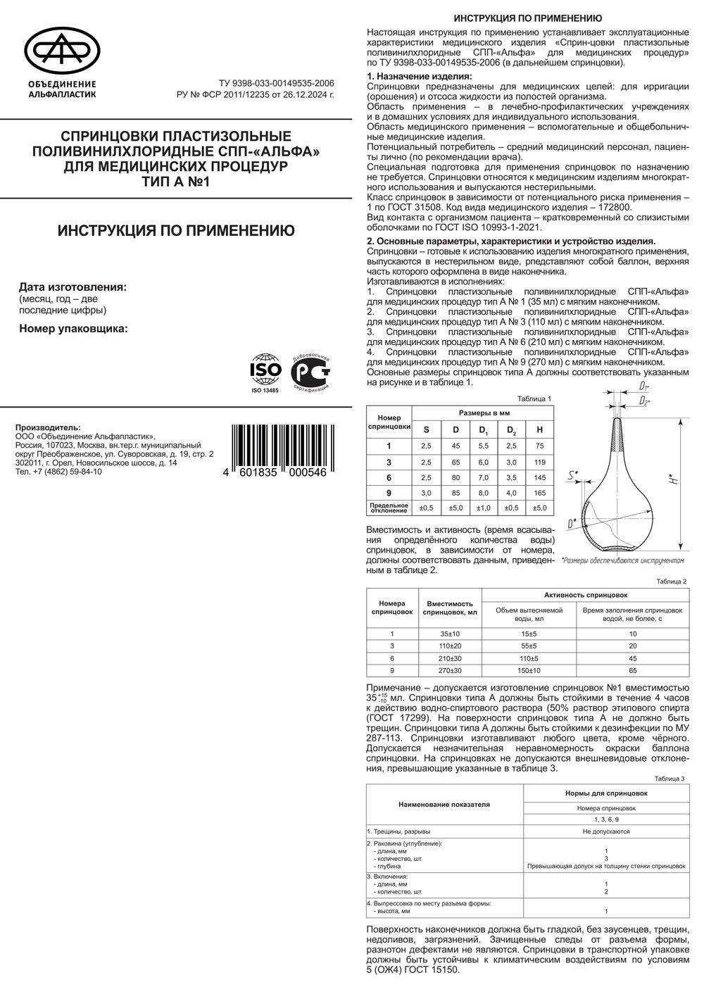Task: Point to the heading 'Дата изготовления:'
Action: click(x=73, y=287)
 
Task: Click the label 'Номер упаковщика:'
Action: click(x=73, y=327)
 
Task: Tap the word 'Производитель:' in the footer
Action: click(x=48, y=427)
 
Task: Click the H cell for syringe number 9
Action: click(x=540, y=493)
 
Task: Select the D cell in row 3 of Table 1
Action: click(x=455, y=462)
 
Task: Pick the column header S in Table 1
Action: click(x=425, y=429)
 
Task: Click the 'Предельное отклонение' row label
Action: click(x=389, y=508)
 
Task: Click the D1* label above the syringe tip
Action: click(x=644, y=387)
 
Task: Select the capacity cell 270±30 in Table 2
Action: click(x=450, y=670)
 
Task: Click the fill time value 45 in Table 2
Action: click(x=632, y=658)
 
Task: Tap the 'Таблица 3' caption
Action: click(x=670, y=779)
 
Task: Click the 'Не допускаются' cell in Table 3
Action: click(x=605, y=831)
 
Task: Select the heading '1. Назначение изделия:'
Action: click(x=420, y=76)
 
